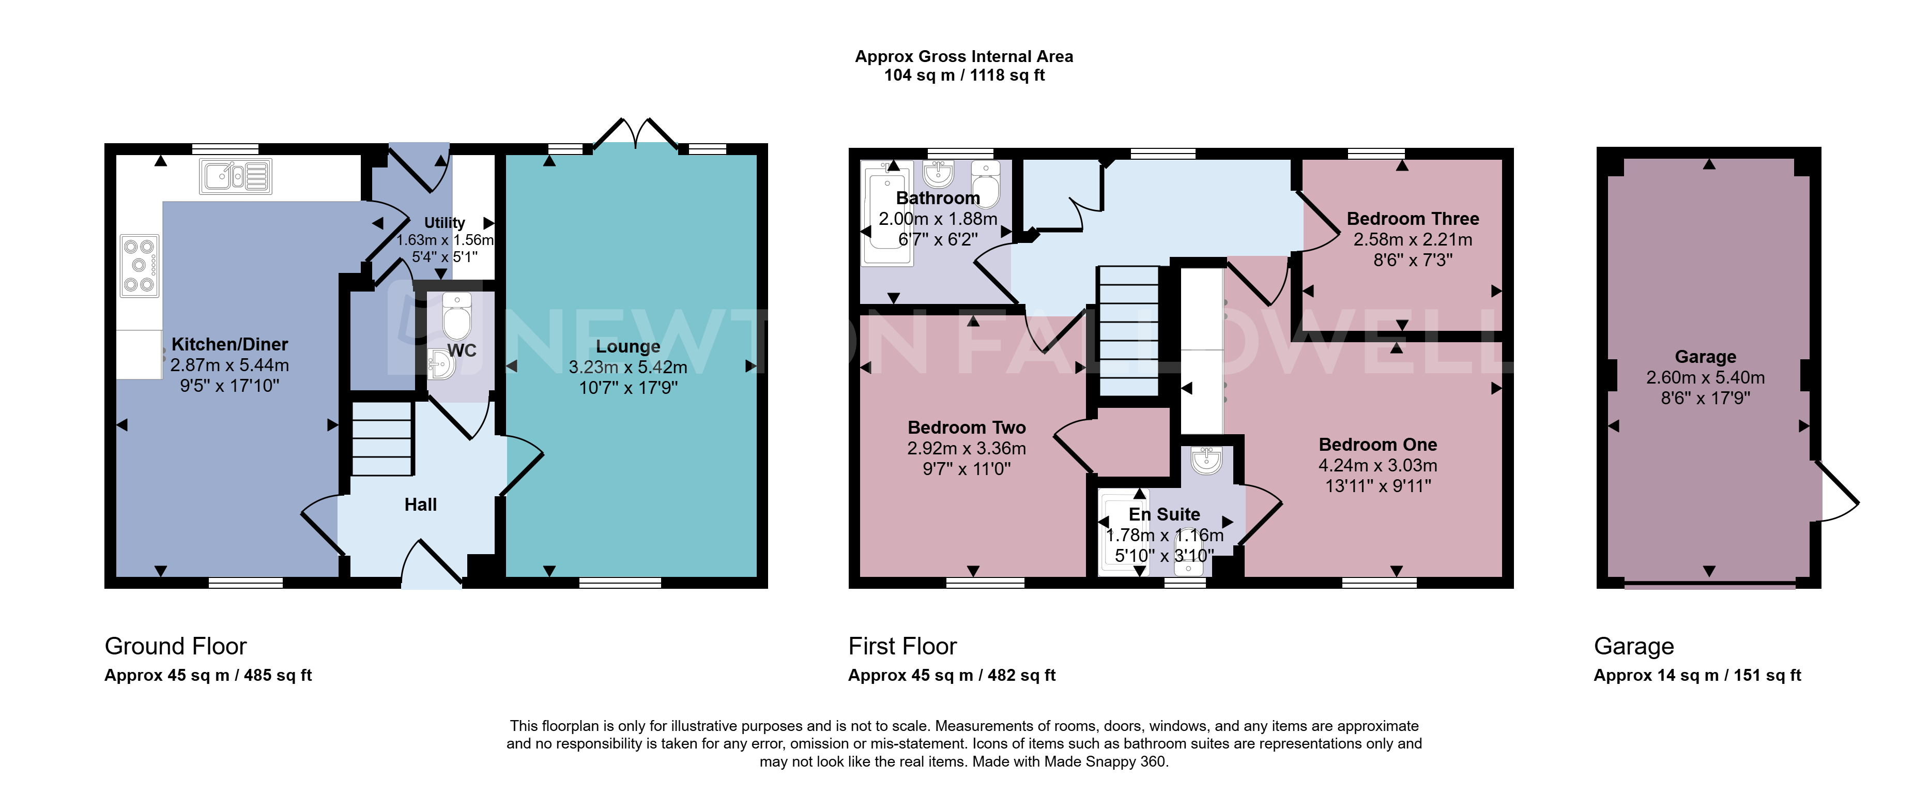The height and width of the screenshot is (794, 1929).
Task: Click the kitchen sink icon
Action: pos(235,177)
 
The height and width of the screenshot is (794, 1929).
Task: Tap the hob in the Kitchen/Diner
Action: pos(139,266)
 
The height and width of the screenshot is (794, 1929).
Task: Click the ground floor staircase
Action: pos(382,438)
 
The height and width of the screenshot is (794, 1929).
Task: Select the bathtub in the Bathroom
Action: pos(887,213)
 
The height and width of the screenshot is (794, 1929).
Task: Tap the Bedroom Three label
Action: pos(1413,219)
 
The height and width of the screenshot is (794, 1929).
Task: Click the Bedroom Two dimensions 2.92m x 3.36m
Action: pos(967,449)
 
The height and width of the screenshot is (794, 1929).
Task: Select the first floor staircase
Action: pos(1128,331)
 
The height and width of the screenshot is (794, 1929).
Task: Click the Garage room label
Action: pos(1706,357)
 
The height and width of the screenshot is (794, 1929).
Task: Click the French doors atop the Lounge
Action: pos(636,133)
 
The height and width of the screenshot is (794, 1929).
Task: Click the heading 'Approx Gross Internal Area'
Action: pos(964,56)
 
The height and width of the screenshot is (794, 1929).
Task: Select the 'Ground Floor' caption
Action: pos(175,646)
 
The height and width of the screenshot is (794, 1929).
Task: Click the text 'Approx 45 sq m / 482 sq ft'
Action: pos(952,676)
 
